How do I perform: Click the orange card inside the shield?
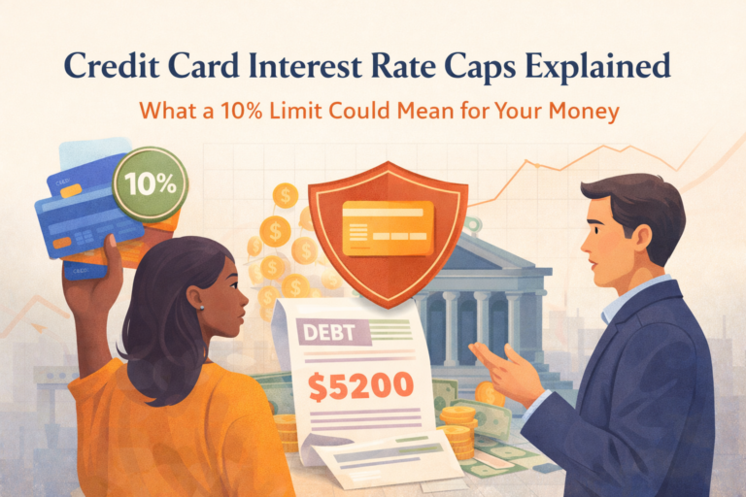tap(388, 227)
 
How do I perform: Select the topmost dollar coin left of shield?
tap(285, 194)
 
